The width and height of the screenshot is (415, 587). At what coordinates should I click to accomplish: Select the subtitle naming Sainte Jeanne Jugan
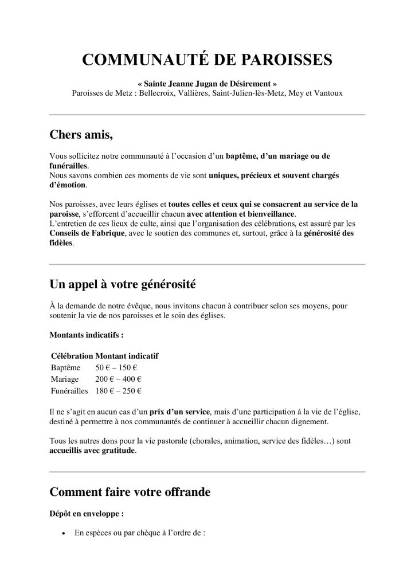207,84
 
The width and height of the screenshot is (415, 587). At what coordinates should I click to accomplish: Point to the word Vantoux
327,93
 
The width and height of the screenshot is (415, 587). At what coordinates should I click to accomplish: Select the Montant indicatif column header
127,356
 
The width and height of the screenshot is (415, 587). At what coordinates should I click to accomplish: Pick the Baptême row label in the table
66,367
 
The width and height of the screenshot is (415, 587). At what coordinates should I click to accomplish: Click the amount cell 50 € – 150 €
119,367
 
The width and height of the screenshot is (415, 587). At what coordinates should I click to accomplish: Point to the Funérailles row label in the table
69,391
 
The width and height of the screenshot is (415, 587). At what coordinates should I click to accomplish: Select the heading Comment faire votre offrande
130,492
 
